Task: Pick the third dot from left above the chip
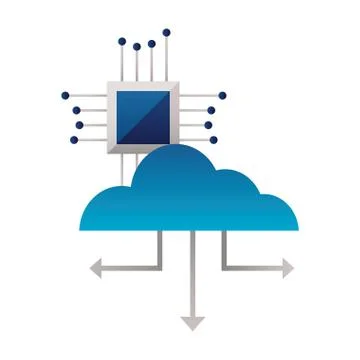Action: click(151, 44)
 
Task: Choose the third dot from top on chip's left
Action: click(78, 125)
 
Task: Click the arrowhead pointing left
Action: click(98, 266)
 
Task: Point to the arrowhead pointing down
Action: click(192, 323)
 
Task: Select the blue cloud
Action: click(190, 195)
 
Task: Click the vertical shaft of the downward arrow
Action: click(192, 275)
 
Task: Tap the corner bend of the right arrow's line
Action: click(223, 266)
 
